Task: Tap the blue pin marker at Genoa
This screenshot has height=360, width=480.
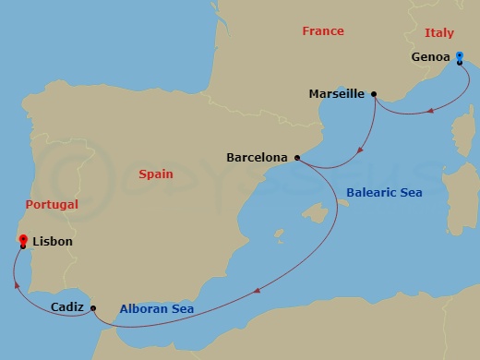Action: [x=459, y=57]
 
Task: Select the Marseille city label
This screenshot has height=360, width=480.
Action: [x=338, y=93]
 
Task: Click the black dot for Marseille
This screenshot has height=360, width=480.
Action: [x=374, y=93]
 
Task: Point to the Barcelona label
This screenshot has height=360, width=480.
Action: [x=257, y=158]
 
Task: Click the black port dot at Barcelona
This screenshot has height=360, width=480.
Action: [x=296, y=158]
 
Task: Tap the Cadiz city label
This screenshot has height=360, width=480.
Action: [x=69, y=307]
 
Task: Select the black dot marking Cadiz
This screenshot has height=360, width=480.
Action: [x=93, y=307]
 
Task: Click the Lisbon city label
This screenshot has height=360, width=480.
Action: [x=52, y=242]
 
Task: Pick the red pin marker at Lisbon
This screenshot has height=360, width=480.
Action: [x=22, y=240]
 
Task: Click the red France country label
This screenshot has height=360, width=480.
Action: [x=323, y=31]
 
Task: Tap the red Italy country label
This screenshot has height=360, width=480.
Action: [x=439, y=32]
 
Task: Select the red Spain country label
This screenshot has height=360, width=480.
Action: [x=155, y=174]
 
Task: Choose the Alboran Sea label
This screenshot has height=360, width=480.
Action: [x=157, y=309]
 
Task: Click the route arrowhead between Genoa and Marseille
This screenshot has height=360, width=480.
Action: [x=430, y=112]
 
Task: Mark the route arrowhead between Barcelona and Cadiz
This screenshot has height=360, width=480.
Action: [x=254, y=293]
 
